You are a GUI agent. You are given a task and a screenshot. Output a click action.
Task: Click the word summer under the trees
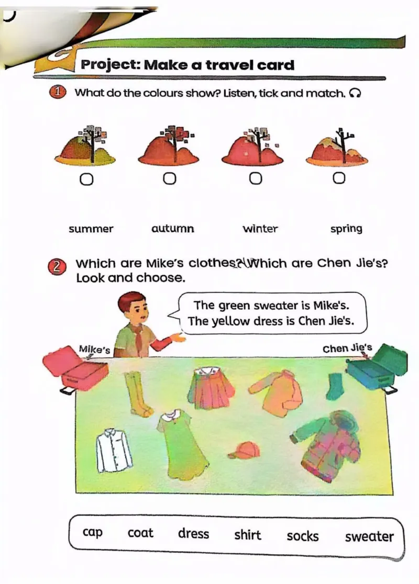(x=91, y=229)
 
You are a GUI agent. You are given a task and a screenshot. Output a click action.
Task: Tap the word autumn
(x=173, y=228)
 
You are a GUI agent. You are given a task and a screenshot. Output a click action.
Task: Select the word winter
(x=260, y=228)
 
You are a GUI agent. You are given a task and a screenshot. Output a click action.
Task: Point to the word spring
(x=346, y=229)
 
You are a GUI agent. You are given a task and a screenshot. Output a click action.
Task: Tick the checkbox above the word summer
(x=86, y=180)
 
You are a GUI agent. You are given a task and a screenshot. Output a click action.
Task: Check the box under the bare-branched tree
(x=339, y=178)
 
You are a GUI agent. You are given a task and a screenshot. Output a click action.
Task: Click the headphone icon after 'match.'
(x=355, y=93)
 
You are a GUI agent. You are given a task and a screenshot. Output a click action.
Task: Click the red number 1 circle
(x=58, y=93)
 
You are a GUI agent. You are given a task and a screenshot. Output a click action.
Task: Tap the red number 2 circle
(x=57, y=267)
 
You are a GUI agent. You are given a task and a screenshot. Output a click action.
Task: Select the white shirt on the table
(x=114, y=450)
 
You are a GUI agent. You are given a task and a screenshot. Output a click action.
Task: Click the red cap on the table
(x=245, y=450)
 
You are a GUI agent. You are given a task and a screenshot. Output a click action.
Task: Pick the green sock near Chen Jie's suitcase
(x=335, y=386)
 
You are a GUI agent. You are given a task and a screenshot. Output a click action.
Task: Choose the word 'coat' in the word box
(x=140, y=533)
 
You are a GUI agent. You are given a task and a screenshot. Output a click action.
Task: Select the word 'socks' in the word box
(x=303, y=536)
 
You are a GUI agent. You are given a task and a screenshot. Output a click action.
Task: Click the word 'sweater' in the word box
(x=369, y=537)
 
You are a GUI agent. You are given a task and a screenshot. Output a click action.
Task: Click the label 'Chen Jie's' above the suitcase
(x=347, y=348)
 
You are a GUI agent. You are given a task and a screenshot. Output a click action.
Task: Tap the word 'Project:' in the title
(x=111, y=65)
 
